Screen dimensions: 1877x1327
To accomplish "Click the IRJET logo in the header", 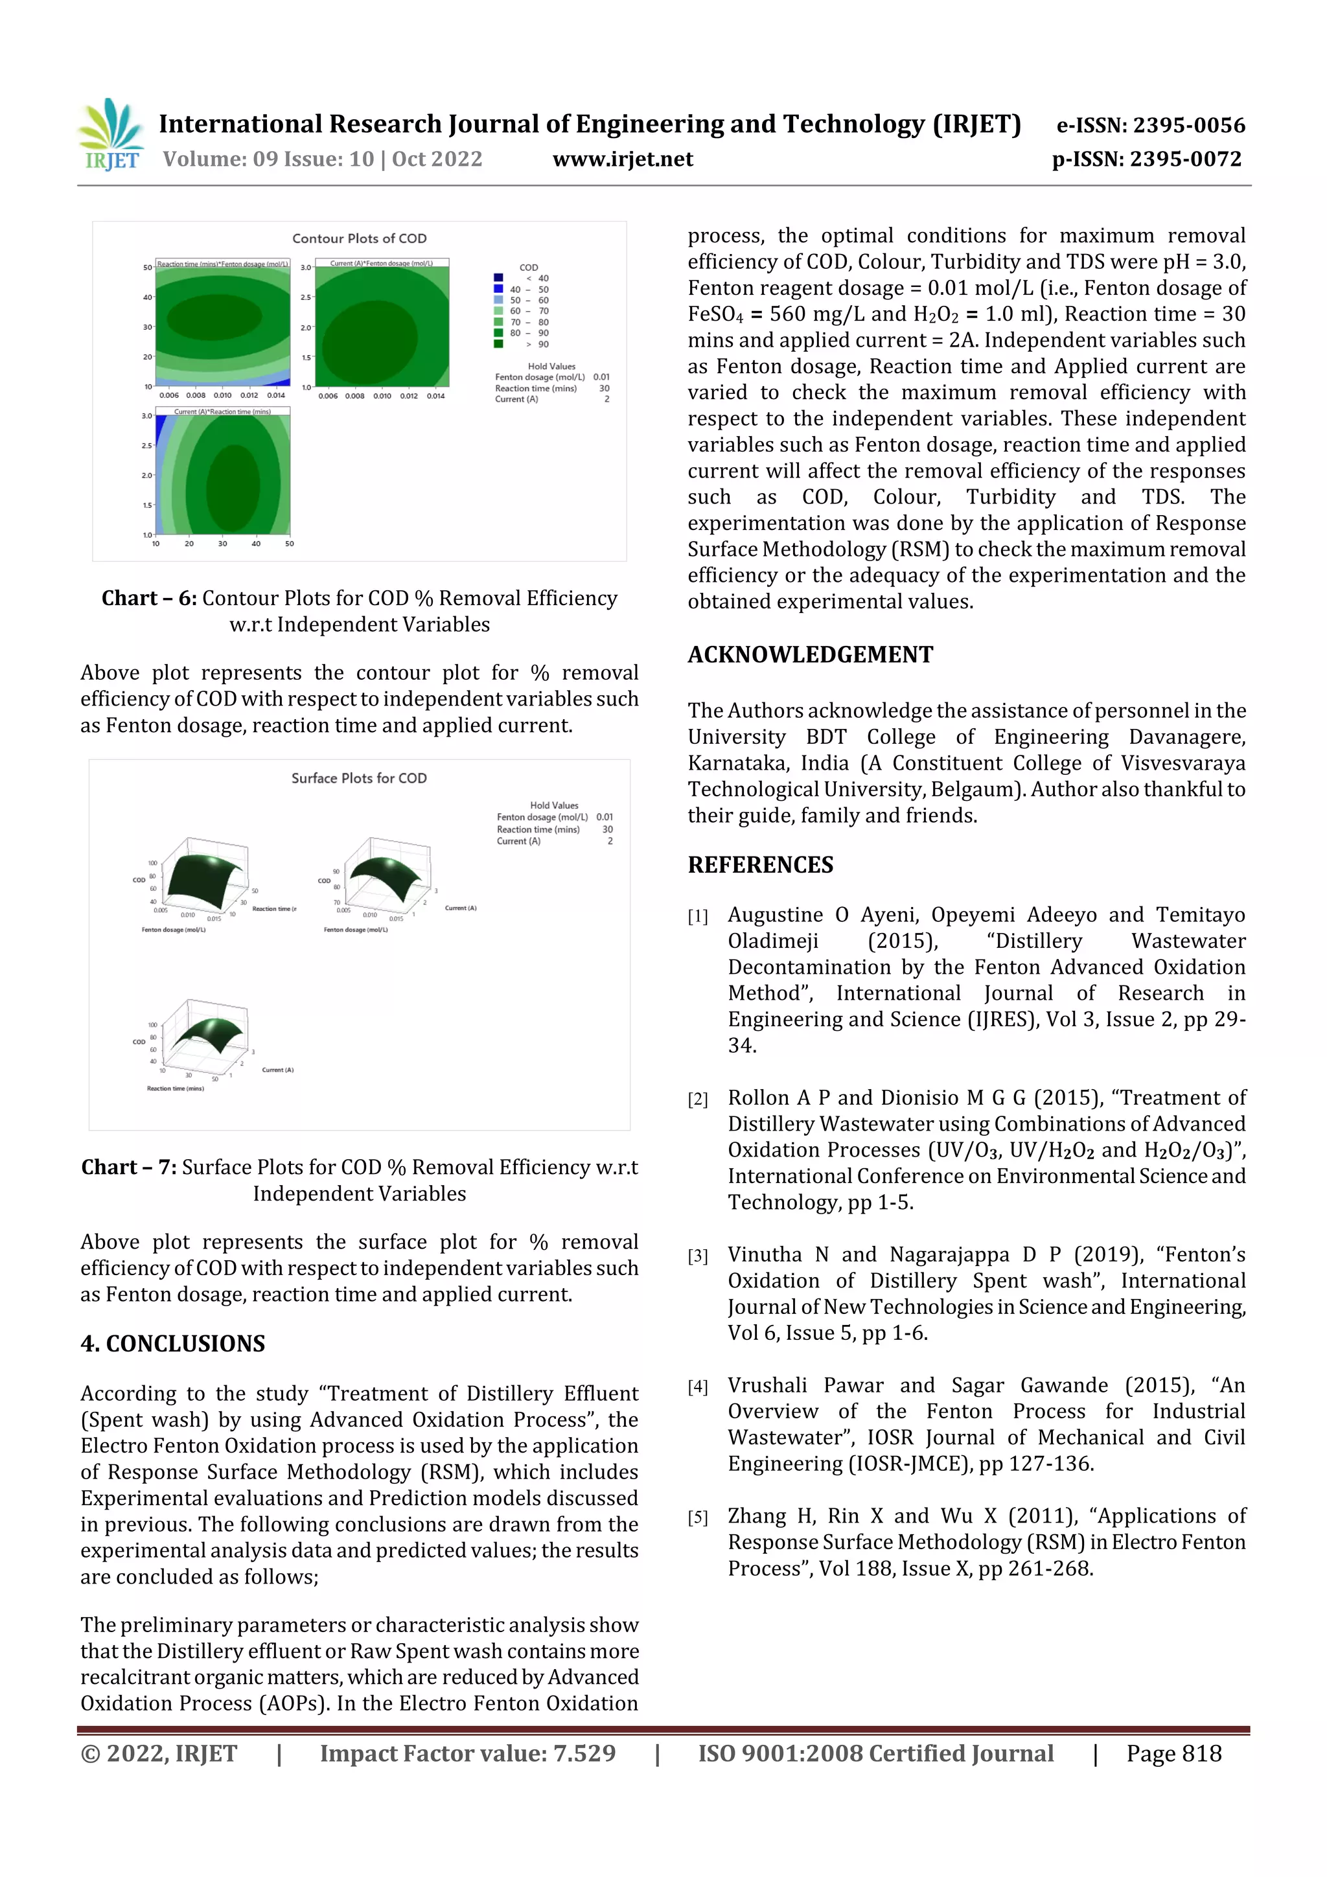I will pyautogui.click(x=110, y=135).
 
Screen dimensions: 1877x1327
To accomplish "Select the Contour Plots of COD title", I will pyautogui.click(x=359, y=238).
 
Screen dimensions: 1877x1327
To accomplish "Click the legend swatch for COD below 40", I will pyautogui.click(x=498, y=278).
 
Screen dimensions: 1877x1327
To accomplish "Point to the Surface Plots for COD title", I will pyautogui.click(x=359, y=778).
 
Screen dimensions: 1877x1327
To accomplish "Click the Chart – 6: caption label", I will pyautogui.click(x=149, y=599).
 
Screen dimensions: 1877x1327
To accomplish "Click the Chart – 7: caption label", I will pyautogui.click(x=128, y=1168).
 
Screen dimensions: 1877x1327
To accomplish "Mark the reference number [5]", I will pyautogui.click(x=697, y=1518).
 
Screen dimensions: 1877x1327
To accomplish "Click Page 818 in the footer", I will pyautogui.click(x=1173, y=1753).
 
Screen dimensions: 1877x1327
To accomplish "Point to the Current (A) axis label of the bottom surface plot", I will pyautogui.click(x=277, y=1070).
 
